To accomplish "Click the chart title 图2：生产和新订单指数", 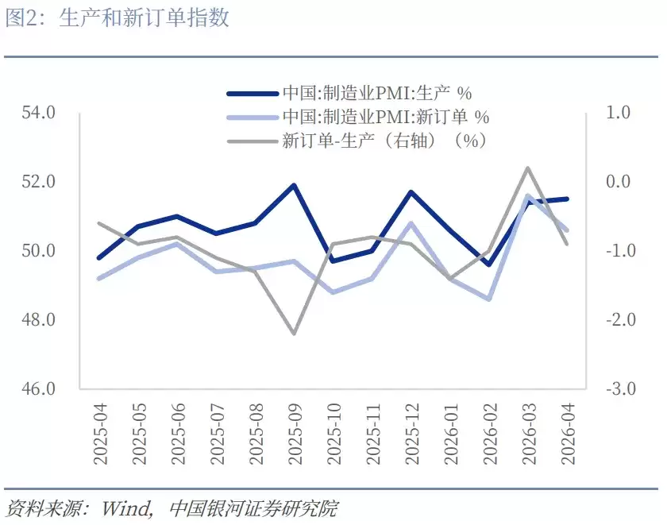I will [x=118, y=18].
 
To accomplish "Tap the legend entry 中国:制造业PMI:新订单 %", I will [x=385, y=117].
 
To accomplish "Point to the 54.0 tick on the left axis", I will [x=38, y=113].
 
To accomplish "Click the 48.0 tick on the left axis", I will [x=38, y=320].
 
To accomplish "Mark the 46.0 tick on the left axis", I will [x=38, y=389].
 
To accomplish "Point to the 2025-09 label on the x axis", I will [x=295, y=432].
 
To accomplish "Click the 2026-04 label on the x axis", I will [x=566, y=432].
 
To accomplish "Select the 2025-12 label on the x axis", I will [x=411, y=432].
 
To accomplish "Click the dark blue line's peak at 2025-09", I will [x=294, y=185].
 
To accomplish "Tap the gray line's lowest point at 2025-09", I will [x=294, y=334].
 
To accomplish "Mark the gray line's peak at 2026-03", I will [x=527, y=168].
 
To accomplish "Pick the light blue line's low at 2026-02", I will [x=488, y=299].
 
